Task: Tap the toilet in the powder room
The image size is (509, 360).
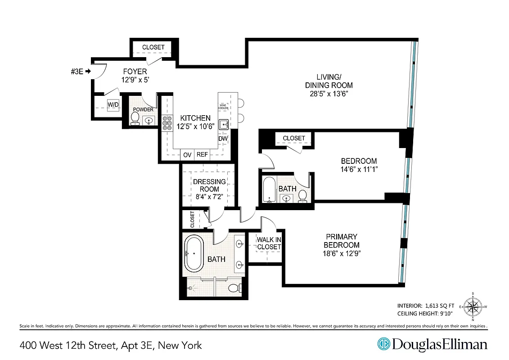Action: [135, 118]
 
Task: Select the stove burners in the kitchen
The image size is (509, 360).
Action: [167, 123]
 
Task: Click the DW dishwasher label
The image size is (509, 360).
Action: [223, 139]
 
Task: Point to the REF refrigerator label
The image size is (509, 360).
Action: [202, 154]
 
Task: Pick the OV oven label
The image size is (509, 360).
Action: [187, 154]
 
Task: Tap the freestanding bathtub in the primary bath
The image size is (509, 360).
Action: [194, 254]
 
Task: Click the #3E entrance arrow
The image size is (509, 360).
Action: [88, 71]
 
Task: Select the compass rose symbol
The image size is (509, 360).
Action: [473, 308]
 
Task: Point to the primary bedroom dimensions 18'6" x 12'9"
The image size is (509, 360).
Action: [342, 253]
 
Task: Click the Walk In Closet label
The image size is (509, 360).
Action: [269, 243]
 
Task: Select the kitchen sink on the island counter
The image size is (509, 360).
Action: [224, 124]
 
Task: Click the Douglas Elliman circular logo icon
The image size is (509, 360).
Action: [383, 345]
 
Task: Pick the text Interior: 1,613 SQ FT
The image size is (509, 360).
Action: [425, 304]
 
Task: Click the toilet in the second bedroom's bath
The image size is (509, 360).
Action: [302, 196]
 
